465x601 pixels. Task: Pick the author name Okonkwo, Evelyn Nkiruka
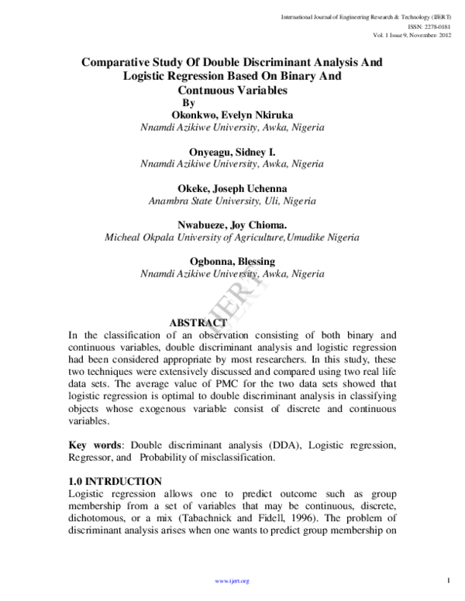pos(232,115)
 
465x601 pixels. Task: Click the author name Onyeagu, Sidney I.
pos(232,151)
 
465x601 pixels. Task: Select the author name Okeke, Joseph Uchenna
pos(232,187)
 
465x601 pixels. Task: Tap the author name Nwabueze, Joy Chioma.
pos(232,224)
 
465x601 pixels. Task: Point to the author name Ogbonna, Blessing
pos(232,260)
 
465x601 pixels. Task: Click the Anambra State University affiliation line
pos(232,201)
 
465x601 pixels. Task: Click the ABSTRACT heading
pos(198,322)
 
